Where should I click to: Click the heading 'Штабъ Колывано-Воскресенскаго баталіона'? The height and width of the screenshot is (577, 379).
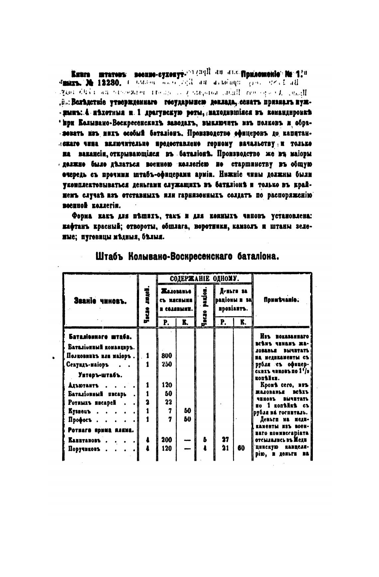coord(187,257)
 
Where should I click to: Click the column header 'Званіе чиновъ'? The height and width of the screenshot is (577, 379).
coord(101,301)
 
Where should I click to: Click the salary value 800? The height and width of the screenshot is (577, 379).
coord(166,356)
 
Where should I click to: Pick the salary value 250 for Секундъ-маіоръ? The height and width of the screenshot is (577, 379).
coord(166,364)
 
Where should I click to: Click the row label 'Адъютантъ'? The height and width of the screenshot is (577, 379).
coord(83,386)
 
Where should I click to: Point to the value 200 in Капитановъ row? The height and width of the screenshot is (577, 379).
coord(166,440)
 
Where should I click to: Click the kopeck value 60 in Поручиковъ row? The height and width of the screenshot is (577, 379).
coord(241,448)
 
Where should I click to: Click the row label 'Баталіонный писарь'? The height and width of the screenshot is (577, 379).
coord(97,394)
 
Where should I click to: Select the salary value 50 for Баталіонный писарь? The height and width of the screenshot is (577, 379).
coord(168,394)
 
